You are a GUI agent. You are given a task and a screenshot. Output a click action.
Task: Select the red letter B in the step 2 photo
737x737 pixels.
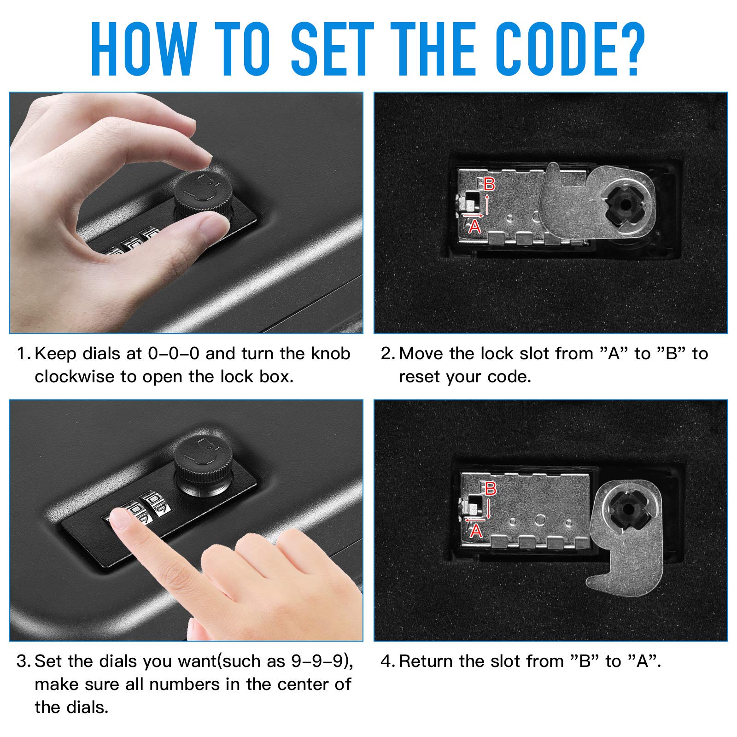[489, 184]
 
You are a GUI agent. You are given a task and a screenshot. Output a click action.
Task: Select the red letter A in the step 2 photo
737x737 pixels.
[474, 226]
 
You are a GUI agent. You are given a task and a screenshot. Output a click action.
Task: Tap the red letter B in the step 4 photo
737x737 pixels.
[491, 488]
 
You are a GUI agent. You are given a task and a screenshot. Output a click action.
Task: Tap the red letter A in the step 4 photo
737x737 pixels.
[476, 531]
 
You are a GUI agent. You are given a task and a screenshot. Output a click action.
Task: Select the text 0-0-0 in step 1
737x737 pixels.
[174, 354]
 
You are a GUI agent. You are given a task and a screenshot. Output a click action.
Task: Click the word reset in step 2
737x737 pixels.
[417, 377]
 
